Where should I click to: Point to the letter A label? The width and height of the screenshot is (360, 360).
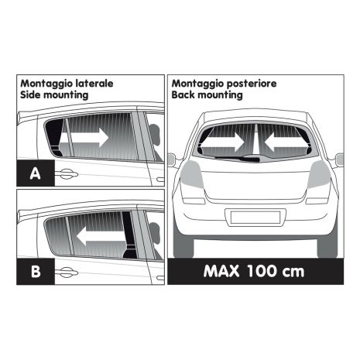click(36, 173)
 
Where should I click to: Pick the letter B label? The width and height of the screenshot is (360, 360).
click(36, 271)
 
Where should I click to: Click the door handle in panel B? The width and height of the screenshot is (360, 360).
click(65, 271)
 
